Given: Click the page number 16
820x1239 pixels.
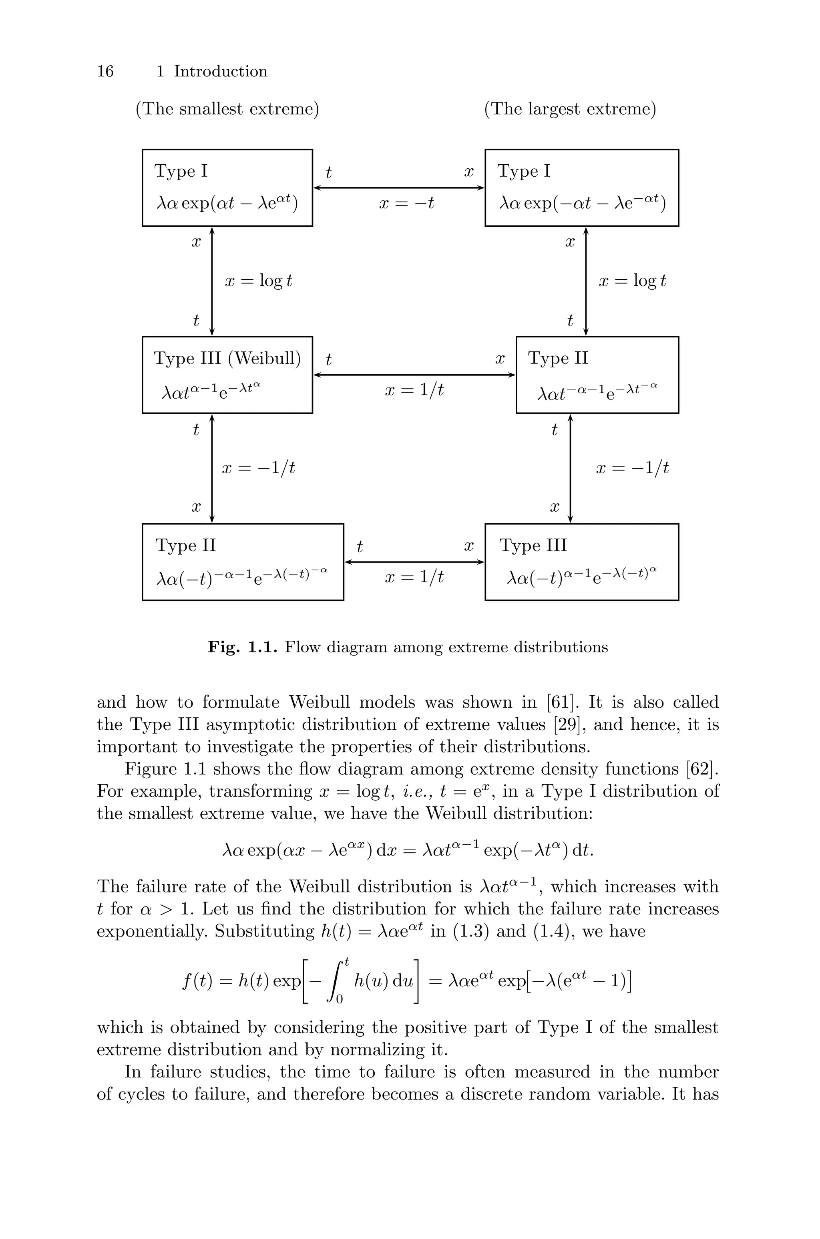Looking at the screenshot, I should pyautogui.click(x=105, y=71).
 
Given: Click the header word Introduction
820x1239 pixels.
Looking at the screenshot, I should pyautogui.click(x=220, y=71).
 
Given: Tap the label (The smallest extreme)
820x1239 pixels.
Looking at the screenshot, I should pyautogui.click(x=227, y=109).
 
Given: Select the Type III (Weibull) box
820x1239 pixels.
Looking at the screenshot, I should pyautogui.click(x=227, y=375).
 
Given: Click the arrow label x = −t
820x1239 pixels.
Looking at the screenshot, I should pyautogui.click(x=406, y=203).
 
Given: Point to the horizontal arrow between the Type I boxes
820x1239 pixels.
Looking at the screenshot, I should pyautogui.click(x=398, y=187).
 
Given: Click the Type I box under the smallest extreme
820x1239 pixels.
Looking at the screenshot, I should pyautogui.click(x=227, y=187).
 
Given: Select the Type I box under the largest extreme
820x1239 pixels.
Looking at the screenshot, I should pyautogui.click(x=581, y=187).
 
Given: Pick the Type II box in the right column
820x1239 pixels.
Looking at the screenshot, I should pyautogui.click(x=597, y=375).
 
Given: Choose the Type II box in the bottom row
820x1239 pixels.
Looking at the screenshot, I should pyautogui.click(x=243, y=561).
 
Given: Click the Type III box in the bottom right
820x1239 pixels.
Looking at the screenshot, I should pyautogui.click(x=581, y=561).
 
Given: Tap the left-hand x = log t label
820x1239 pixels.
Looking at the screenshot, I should pyautogui.click(x=258, y=281).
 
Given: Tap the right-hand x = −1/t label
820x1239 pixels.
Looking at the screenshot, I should pyautogui.click(x=632, y=468).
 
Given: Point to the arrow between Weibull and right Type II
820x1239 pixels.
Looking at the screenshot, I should pyautogui.click(x=414, y=375).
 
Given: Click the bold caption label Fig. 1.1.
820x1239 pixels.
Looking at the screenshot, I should pyautogui.click(x=242, y=647).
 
